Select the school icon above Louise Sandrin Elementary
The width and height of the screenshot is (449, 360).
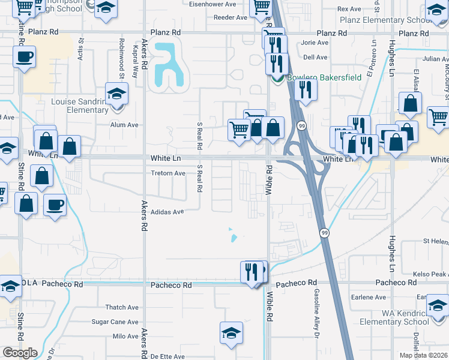(116, 93)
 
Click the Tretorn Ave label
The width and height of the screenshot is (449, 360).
(167, 173)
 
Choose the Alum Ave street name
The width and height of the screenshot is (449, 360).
(124, 125)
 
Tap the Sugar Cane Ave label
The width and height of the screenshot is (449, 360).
(115, 322)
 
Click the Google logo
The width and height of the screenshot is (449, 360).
(20, 352)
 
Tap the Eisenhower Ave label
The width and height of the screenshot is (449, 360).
(213, 4)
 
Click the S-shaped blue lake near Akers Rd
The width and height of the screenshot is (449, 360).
(168, 65)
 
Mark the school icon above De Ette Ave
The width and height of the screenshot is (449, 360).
(231, 333)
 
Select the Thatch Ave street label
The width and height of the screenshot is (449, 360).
(122, 307)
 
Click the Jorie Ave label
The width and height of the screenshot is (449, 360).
(315, 43)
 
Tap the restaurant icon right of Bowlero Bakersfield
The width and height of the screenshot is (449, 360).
(306, 90)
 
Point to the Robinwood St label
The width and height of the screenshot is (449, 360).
(121, 59)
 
